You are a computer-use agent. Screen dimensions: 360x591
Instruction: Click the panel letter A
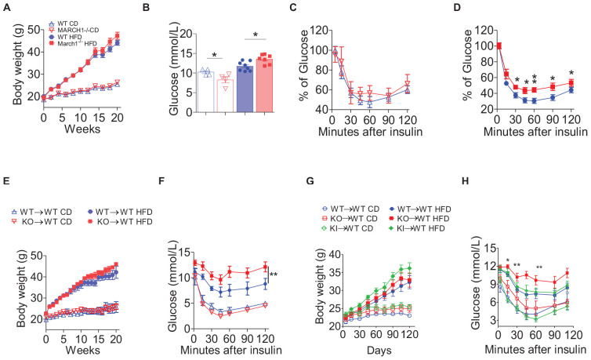(x=5, y=6)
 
